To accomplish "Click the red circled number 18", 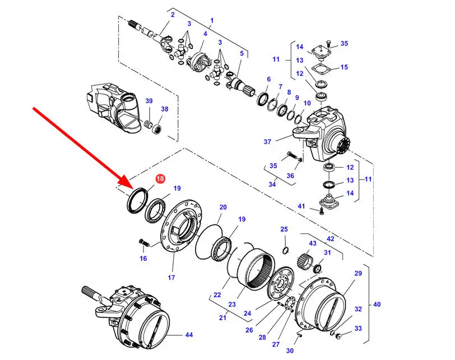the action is [160, 178].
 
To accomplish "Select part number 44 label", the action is [189, 335].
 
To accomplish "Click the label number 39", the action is [149, 101].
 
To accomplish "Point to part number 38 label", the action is [165, 109].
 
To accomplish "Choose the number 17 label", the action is [171, 277].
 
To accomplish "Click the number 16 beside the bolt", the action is [143, 258].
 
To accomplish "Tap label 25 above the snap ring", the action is [284, 229].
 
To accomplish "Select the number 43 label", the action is [313, 243].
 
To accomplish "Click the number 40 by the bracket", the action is [377, 304].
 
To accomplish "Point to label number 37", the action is [267, 142].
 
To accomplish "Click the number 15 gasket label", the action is [344, 67].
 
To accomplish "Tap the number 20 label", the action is [223, 207].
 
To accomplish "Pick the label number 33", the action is [358, 329].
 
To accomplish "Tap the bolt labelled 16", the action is [144, 242].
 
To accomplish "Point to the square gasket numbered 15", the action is [322, 70].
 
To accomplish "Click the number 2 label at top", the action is [173, 15].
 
